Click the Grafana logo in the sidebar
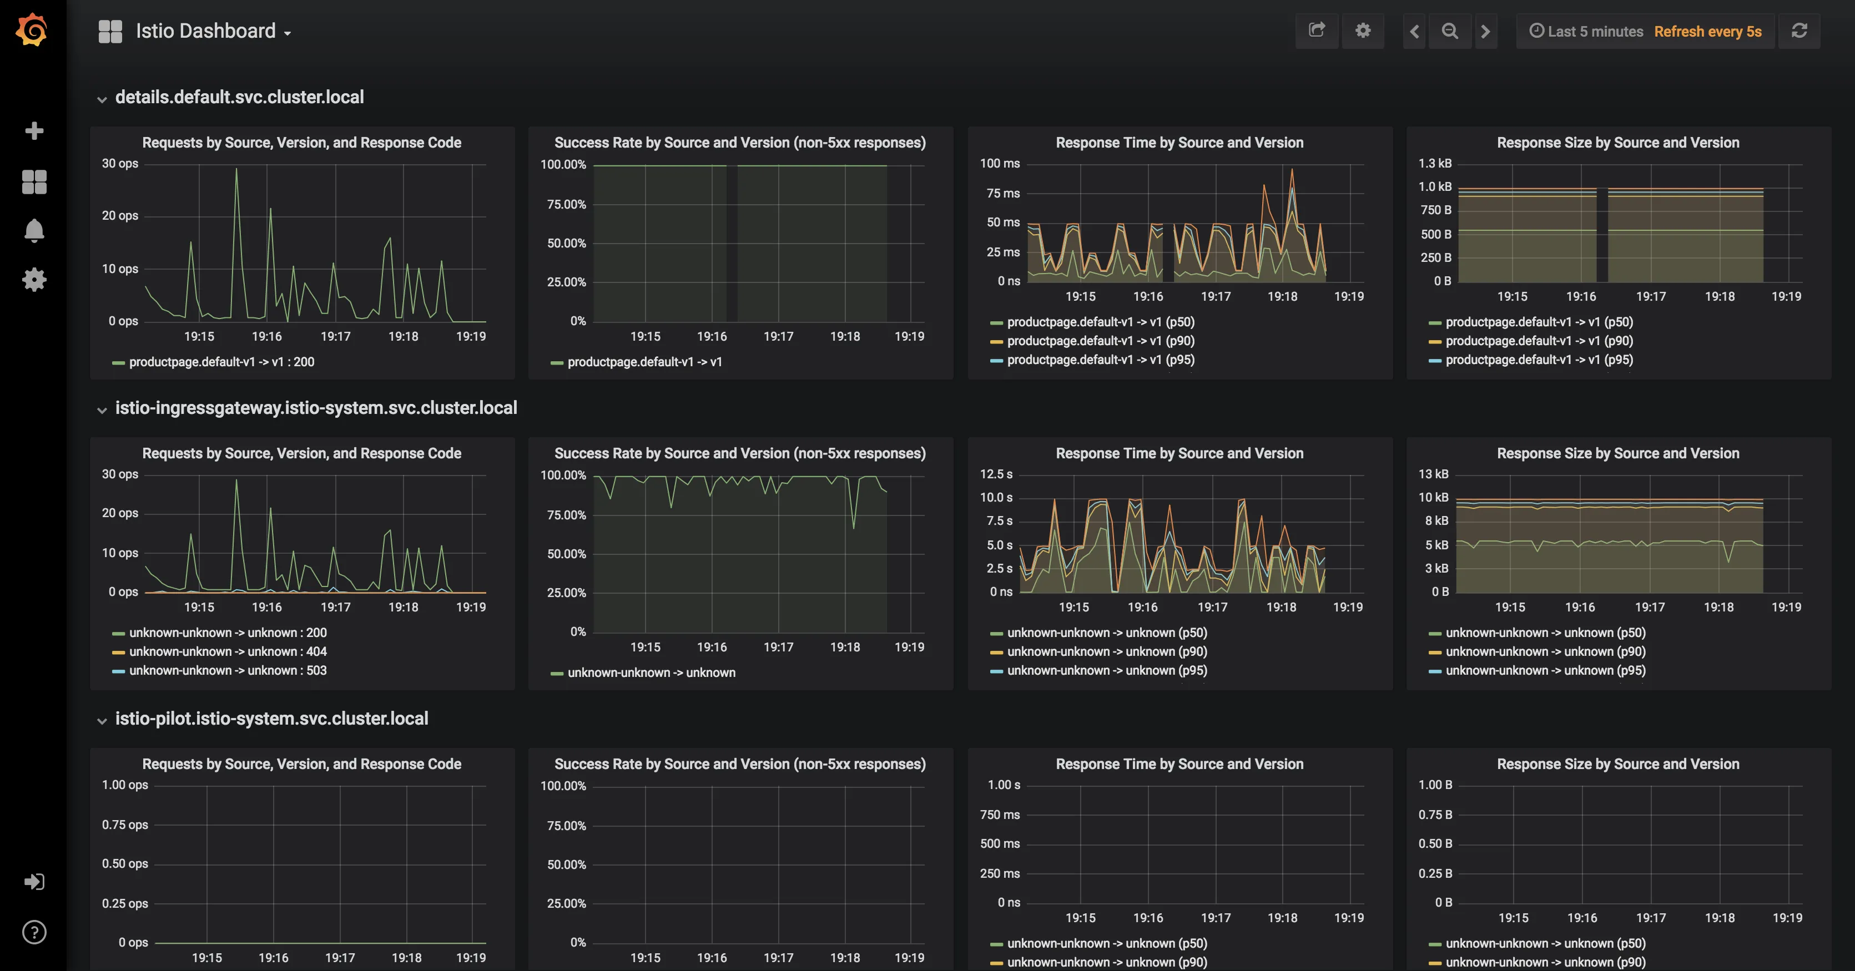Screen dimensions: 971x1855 (x=32, y=30)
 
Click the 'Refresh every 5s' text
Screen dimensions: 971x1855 (x=1707, y=32)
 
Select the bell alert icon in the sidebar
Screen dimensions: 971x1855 (x=34, y=231)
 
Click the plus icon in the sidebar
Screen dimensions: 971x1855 (x=34, y=131)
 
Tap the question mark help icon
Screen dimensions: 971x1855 (x=34, y=932)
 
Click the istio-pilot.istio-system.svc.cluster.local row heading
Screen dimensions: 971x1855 (x=271, y=719)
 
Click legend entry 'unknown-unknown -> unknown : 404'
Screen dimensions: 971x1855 (x=228, y=651)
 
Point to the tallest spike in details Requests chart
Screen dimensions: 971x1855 (x=236, y=170)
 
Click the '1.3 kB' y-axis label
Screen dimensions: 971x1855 (x=1434, y=163)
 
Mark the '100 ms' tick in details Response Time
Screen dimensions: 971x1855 (x=1000, y=163)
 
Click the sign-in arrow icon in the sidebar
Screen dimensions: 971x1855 (x=34, y=882)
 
